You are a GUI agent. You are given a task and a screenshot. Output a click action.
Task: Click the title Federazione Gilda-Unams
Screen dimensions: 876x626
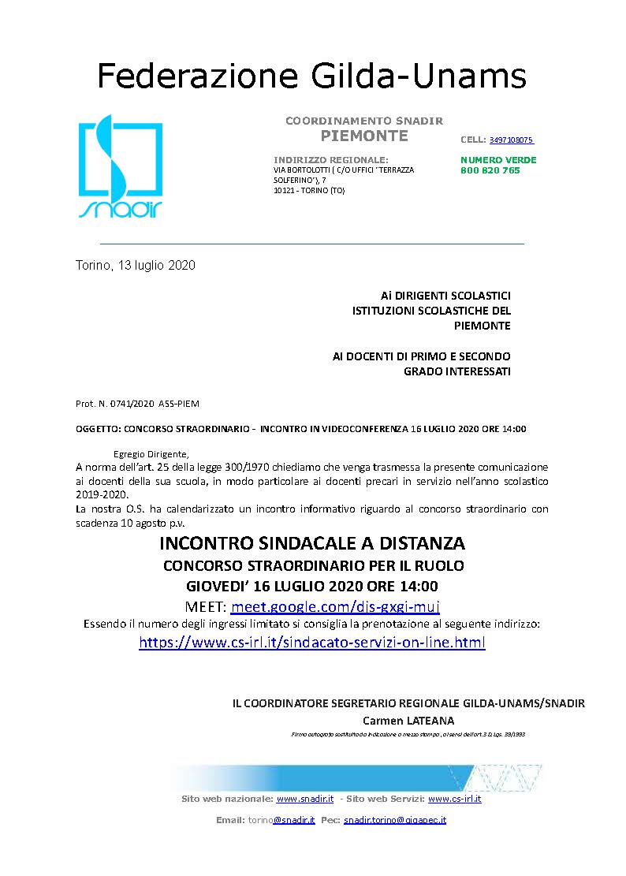[x=311, y=76]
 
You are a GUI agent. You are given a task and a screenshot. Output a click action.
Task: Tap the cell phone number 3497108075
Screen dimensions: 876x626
[x=511, y=140]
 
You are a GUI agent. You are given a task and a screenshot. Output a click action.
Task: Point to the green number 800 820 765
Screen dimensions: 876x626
[x=490, y=170]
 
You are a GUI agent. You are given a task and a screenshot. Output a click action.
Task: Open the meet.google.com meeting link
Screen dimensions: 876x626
[x=335, y=606]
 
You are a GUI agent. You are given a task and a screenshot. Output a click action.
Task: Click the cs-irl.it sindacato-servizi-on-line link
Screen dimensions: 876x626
[x=312, y=643]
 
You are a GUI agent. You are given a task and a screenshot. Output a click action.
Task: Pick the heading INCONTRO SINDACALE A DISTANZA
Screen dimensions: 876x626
[x=312, y=544]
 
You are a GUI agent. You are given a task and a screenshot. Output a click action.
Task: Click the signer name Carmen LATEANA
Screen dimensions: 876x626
[x=408, y=721]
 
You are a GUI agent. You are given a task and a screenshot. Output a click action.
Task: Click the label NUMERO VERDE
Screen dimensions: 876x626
[x=498, y=160]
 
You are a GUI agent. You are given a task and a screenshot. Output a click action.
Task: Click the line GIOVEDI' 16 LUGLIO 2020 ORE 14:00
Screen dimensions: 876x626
[x=312, y=586]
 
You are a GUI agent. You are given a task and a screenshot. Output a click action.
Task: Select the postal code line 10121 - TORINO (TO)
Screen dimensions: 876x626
[x=308, y=190]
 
